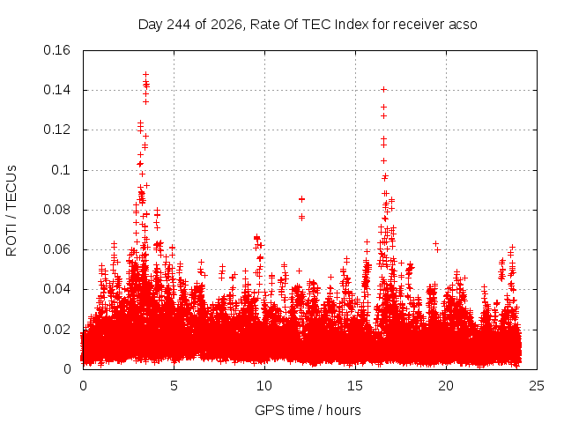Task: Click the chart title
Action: [308, 25]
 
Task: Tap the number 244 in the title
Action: [179, 25]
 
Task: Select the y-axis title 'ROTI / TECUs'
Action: [11, 211]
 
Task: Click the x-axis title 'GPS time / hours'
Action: [308, 410]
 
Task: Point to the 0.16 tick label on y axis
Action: [56, 50]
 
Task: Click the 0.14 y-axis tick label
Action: [56, 90]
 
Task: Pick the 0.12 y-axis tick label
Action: [56, 130]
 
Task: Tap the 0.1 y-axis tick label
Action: [61, 170]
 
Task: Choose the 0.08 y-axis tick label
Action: [56, 210]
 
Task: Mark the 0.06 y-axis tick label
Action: [56, 249]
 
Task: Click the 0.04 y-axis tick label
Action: [56, 289]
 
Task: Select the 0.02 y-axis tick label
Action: [56, 329]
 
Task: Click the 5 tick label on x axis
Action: [174, 386]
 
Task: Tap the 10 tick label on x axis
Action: [264, 386]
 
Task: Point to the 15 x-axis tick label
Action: [355, 386]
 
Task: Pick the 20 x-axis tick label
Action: [446, 386]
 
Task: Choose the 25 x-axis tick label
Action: [537, 386]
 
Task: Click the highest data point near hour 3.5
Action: [145, 75]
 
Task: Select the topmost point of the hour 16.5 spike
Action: [384, 90]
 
